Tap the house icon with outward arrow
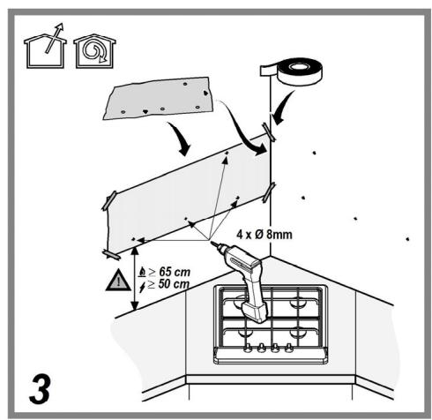(x=45, y=47)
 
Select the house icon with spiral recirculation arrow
(x=94, y=51)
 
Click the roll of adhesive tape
(x=294, y=71)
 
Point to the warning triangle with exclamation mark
(x=118, y=280)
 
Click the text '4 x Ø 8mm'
(x=264, y=235)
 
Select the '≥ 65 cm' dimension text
(x=169, y=272)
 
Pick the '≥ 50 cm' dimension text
(x=168, y=284)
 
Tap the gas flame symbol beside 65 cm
(x=142, y=273)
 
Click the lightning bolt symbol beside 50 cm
(x=142, y=287)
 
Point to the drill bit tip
(x=212, y=242)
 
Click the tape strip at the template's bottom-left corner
(x=111, y=254)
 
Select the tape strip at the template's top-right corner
(x=269, y=131)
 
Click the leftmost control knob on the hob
(x=248, y=348)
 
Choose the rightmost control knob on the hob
(x=288, y=348)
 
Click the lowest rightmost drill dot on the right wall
(x=407, y=239)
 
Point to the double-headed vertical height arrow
(x=135, y=279)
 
